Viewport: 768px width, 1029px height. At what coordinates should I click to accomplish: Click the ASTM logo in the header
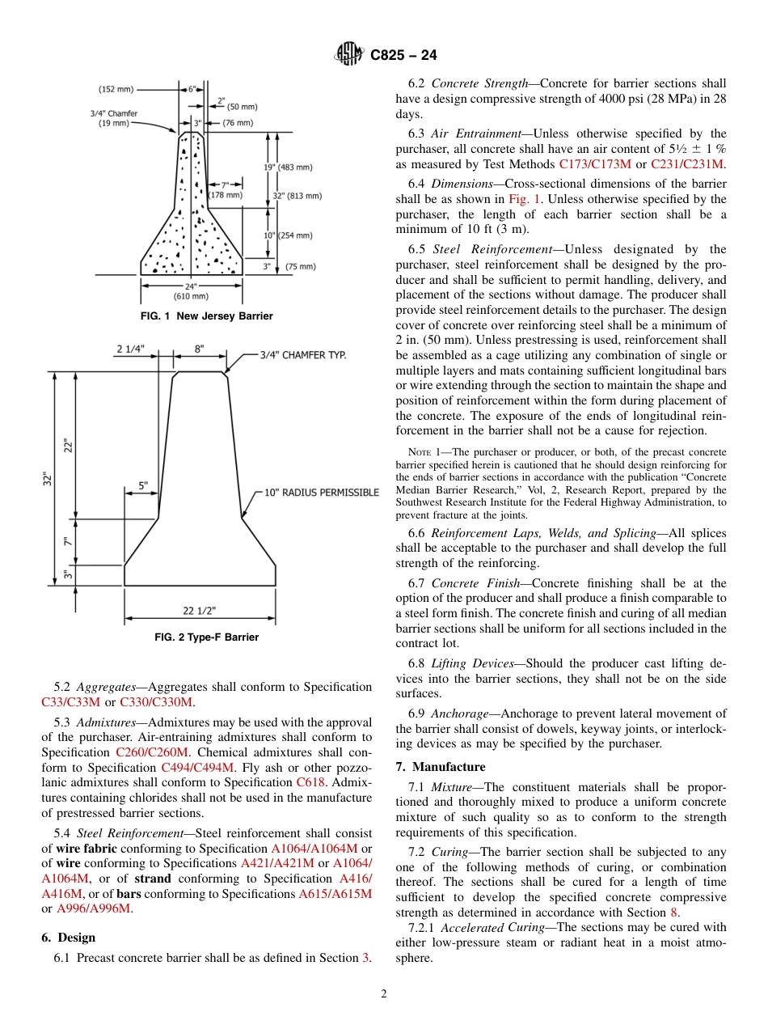tap(350, 55)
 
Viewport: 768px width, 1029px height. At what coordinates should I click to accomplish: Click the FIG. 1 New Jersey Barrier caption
tap(206, 316)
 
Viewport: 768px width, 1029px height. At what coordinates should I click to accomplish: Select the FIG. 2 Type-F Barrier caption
tap(206, 637)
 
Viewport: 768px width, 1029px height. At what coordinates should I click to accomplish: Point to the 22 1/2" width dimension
tap(199, 610)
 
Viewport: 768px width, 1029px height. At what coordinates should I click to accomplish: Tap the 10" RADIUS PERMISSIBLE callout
tap(322, 493)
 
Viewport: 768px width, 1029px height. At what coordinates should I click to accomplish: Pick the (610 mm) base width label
tap(192, 295)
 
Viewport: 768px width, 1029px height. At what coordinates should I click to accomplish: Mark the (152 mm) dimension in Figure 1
tap(116, 89)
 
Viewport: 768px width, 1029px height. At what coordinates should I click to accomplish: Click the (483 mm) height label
tap(294, 167)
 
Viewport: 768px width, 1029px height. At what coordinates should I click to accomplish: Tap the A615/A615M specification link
tap(335, 894)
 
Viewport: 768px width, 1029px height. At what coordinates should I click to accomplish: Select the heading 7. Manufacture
tap(441, 767)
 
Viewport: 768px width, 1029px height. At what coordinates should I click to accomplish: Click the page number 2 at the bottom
tap(384, 994)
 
